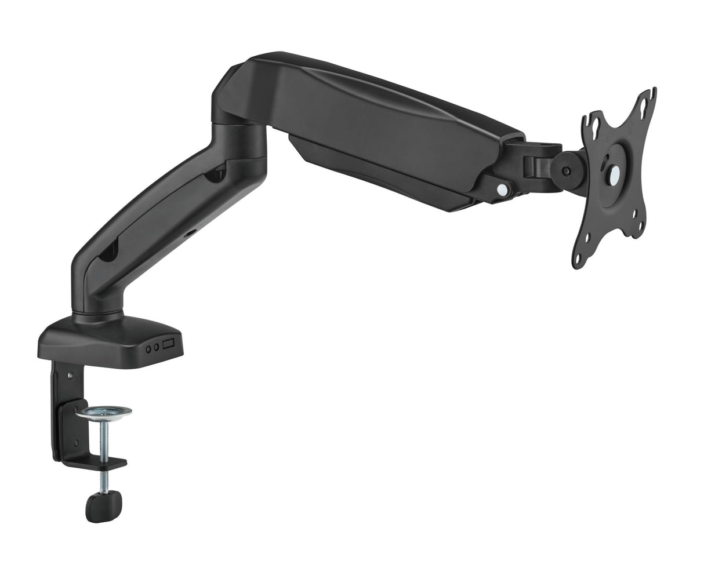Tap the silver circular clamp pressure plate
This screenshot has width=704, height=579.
[x=107, y=413]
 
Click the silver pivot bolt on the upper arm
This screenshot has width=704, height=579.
[x=502, y=188]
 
